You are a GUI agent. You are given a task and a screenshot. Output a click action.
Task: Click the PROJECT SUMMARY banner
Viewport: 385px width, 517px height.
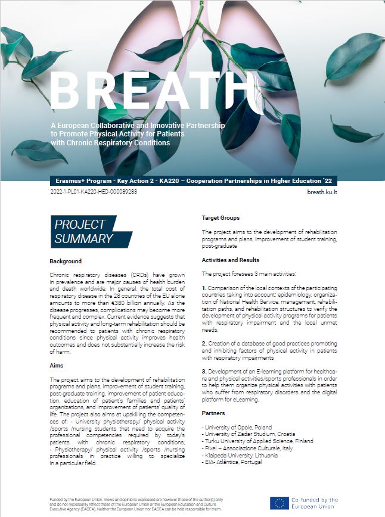(x=83, y=232)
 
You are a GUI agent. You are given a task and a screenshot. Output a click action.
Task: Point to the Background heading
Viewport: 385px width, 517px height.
(x=66, y=261)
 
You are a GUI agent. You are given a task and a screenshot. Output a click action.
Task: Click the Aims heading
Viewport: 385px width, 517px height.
(x=57, y=365)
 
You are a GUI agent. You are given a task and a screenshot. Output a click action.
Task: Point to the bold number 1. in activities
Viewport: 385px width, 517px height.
(x=204, y=286)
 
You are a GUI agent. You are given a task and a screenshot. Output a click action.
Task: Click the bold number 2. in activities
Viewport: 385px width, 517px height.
(x=204, y=344)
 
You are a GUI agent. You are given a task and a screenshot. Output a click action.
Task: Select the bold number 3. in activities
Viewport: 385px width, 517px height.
(x=204, y=372)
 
